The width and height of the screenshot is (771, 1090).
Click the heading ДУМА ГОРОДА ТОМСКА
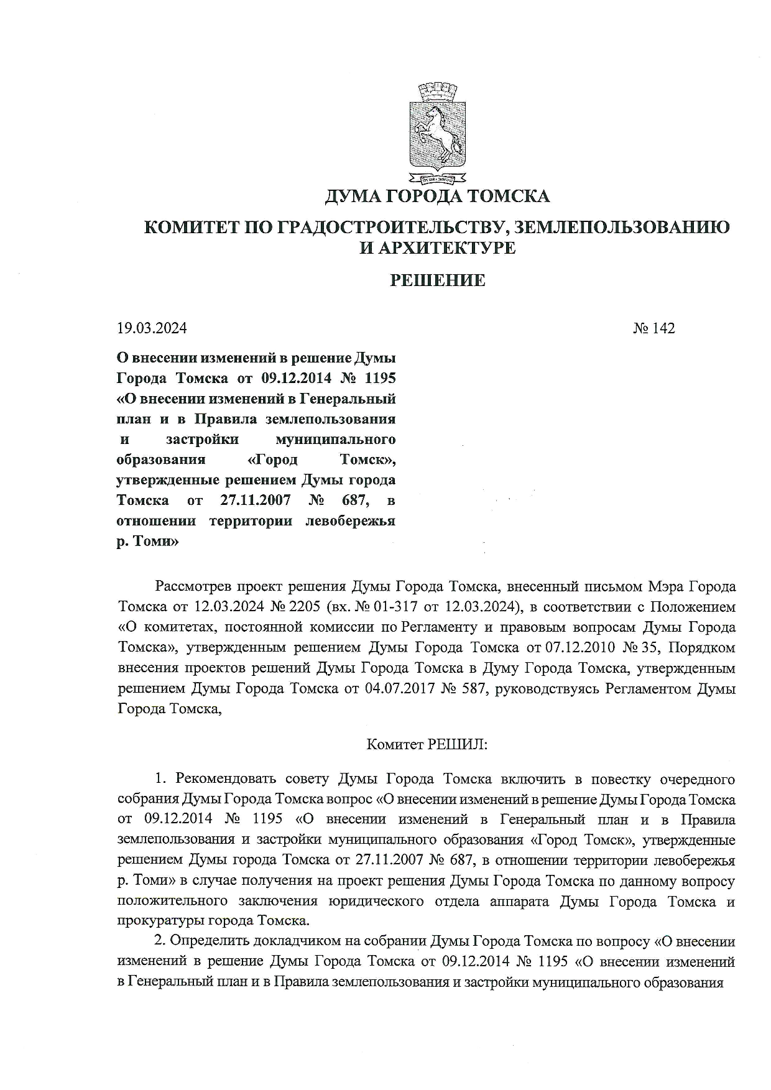[x=438, y=196]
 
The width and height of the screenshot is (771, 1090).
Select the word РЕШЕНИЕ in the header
[x=438, y=280]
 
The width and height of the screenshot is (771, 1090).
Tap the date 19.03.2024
[x=152, y=328]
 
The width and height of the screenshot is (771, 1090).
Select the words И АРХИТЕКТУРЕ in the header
[x=438, y=248]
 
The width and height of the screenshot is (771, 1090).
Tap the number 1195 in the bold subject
[x=378, y=379]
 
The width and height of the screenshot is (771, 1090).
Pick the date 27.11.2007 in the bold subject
[x=255, y=500]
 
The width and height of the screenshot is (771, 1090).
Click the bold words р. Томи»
[x=148, y=541]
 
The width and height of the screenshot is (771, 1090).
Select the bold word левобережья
[x=351, y=520]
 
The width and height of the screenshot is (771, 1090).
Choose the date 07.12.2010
[x=580, y=647]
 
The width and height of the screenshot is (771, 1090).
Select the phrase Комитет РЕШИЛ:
[x=427, y=744]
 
